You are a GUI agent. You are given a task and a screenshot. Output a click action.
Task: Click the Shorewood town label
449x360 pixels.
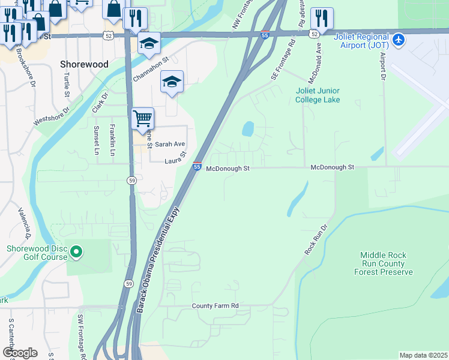pyautogui.click(x=84, y=64)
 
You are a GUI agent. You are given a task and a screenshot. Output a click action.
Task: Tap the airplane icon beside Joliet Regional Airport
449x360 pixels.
pyautogui.click(x=399, y=40)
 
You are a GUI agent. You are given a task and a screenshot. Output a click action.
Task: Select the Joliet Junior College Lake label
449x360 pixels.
pyautogui.click(x=318, y=95)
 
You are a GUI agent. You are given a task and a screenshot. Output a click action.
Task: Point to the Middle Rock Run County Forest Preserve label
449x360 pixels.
pyautogui.click(x=387, y=263)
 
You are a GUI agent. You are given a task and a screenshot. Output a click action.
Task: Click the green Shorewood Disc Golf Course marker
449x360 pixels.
pyautogui.click(x=76, y=253)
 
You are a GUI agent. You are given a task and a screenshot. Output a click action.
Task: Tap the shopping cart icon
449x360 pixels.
pyautogui.click(x=143, y=118)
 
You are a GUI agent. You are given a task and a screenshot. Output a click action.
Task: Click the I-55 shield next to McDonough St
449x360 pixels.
pyautogui.click(x=197, y=166)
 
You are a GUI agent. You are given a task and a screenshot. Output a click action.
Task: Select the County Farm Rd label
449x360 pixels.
pyautogui.click(x=215, y=306)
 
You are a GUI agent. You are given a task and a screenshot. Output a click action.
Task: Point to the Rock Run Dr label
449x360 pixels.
pyautogui.click(x=315, y=240)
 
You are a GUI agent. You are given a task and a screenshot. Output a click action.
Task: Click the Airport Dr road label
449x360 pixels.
pyautogui.click(x=382, y=66)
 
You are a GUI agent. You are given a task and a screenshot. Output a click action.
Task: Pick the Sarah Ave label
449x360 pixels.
pyautogui.click(x=170, y=145)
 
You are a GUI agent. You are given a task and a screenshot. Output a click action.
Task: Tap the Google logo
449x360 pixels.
pyautogui.click(x=19, y=353)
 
